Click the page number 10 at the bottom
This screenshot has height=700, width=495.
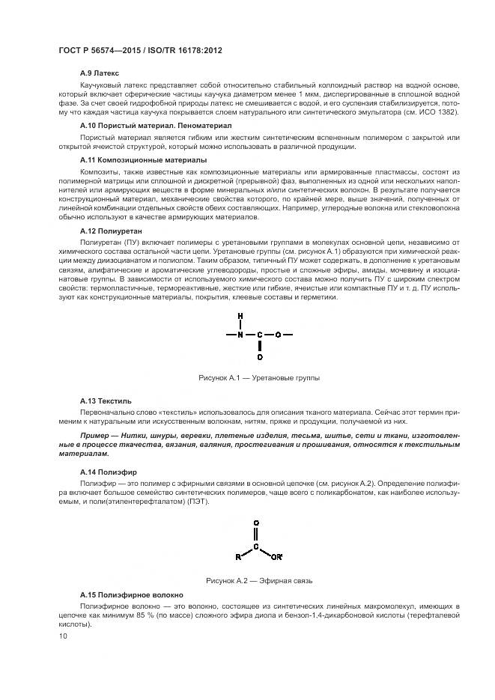tap(63, 636)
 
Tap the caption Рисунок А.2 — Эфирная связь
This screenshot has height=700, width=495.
tap(258, 579)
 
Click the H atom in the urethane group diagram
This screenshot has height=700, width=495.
tap(240, 316)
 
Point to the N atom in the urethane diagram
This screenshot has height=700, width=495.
tap(240, 334)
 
